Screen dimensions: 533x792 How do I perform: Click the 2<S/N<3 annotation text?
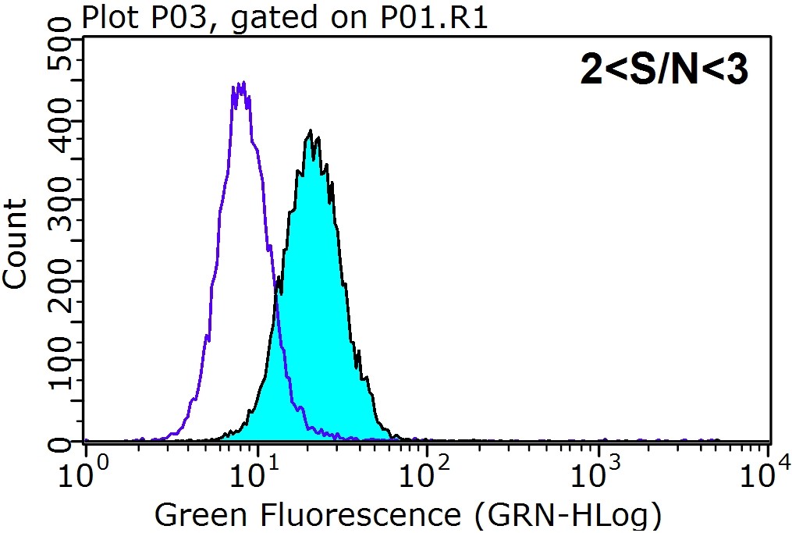point(664,72)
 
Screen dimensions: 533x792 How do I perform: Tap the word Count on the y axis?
point(16,243)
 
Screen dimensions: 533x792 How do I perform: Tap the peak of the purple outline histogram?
point(240,84)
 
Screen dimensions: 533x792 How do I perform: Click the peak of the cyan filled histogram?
point(311,132)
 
